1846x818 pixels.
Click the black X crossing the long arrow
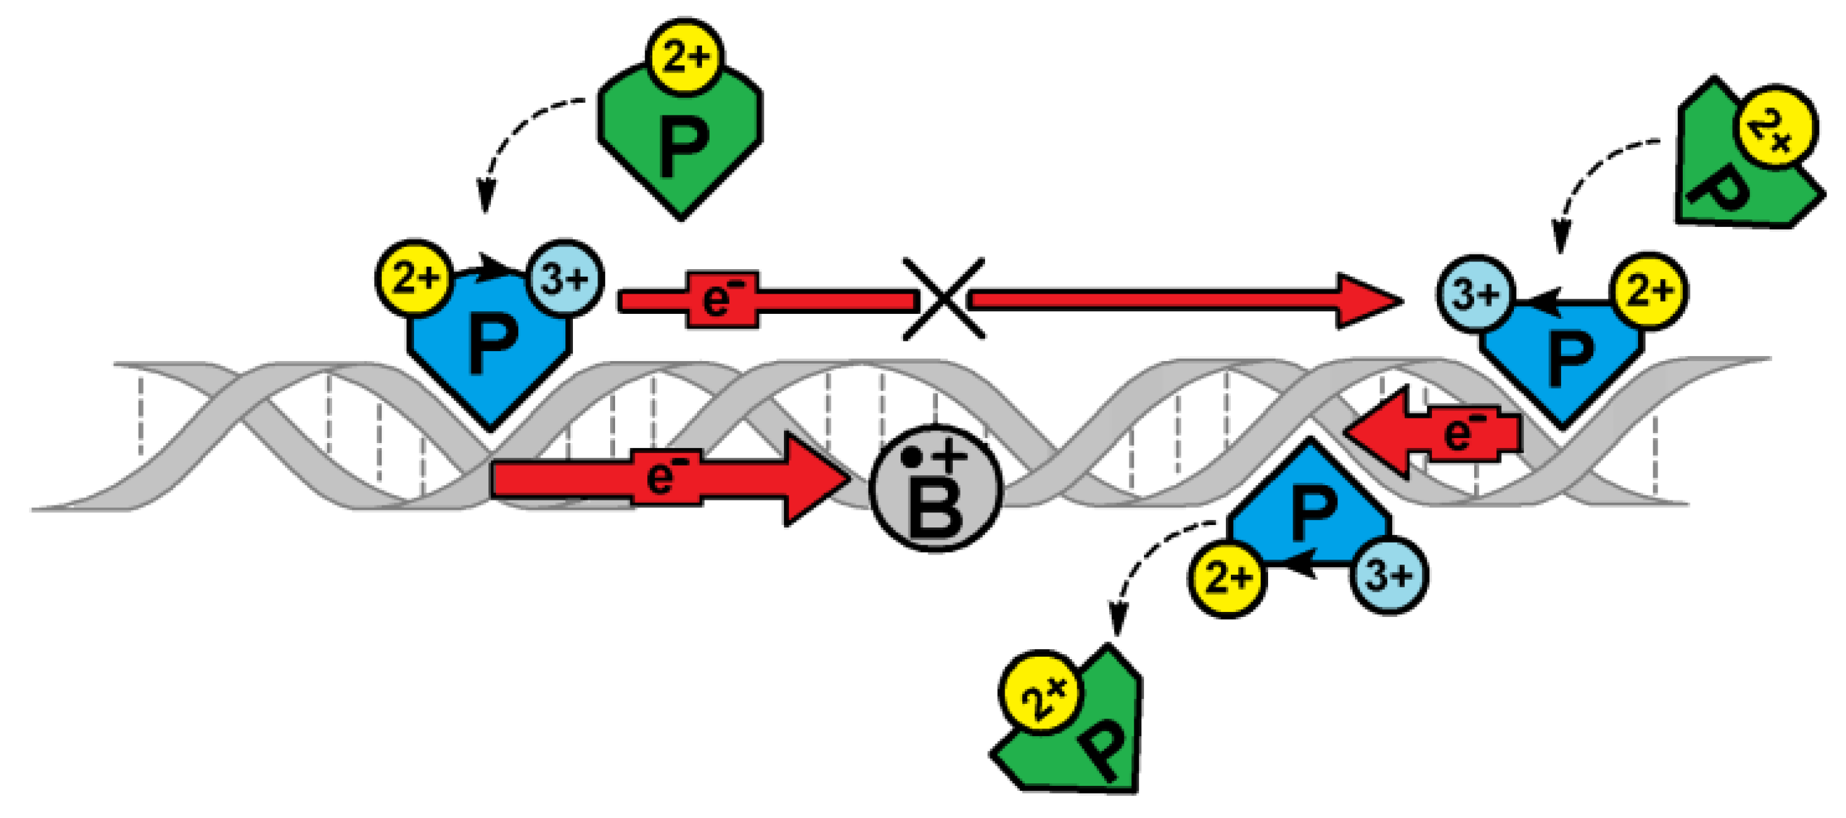coord(943,299)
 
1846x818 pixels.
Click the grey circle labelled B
coord(936,488)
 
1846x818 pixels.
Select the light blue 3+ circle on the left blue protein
coord(565,278)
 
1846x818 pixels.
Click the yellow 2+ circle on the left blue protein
coord(414,278)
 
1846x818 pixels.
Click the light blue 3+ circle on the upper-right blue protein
coord(1475,294)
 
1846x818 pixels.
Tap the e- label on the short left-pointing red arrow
coord(1463,433)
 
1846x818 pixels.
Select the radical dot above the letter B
coord(911,457)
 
